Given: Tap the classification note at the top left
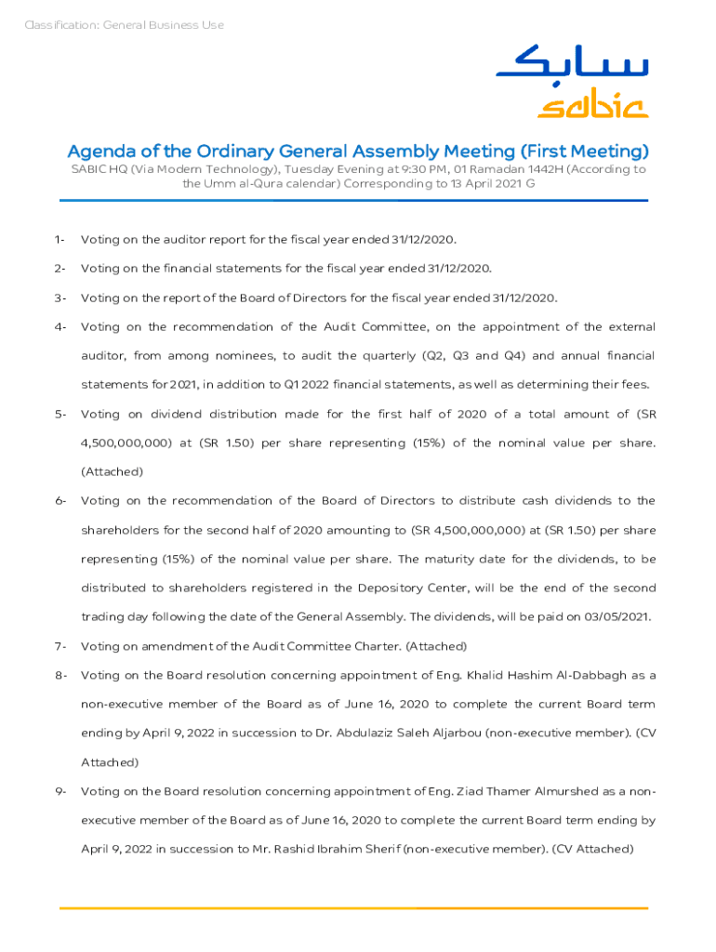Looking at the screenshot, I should pyautogui.click(x=124, y=25).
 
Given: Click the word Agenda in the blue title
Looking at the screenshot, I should pyautogui.click(x=99, y=152).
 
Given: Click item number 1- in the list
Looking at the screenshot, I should pyautogui.click(x=60, y=240).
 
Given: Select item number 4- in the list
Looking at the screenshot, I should pyautogui.click(x=60, y=327).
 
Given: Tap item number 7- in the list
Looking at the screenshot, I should pyautogui.click(x=60, y=646).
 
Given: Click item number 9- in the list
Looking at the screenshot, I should pyautogui.click(x=60, y=792).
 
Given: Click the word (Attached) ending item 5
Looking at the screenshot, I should pyautogui.click(x=113, y=472).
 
